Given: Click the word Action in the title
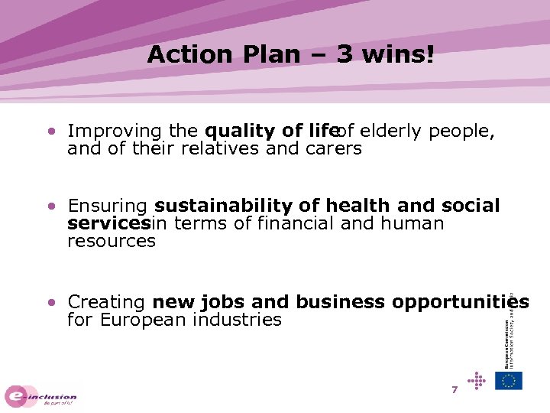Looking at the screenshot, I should click(179, 54).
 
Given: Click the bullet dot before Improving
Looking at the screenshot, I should click(50, 132).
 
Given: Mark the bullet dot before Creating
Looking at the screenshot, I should click(50, 302).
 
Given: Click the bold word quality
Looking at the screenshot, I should click(235, 132).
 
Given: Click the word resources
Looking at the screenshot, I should click(112, 242).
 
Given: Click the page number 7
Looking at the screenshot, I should click(455, 390).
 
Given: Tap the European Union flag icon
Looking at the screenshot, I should click(509, 381).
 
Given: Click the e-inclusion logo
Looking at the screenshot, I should click(41, 396).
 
